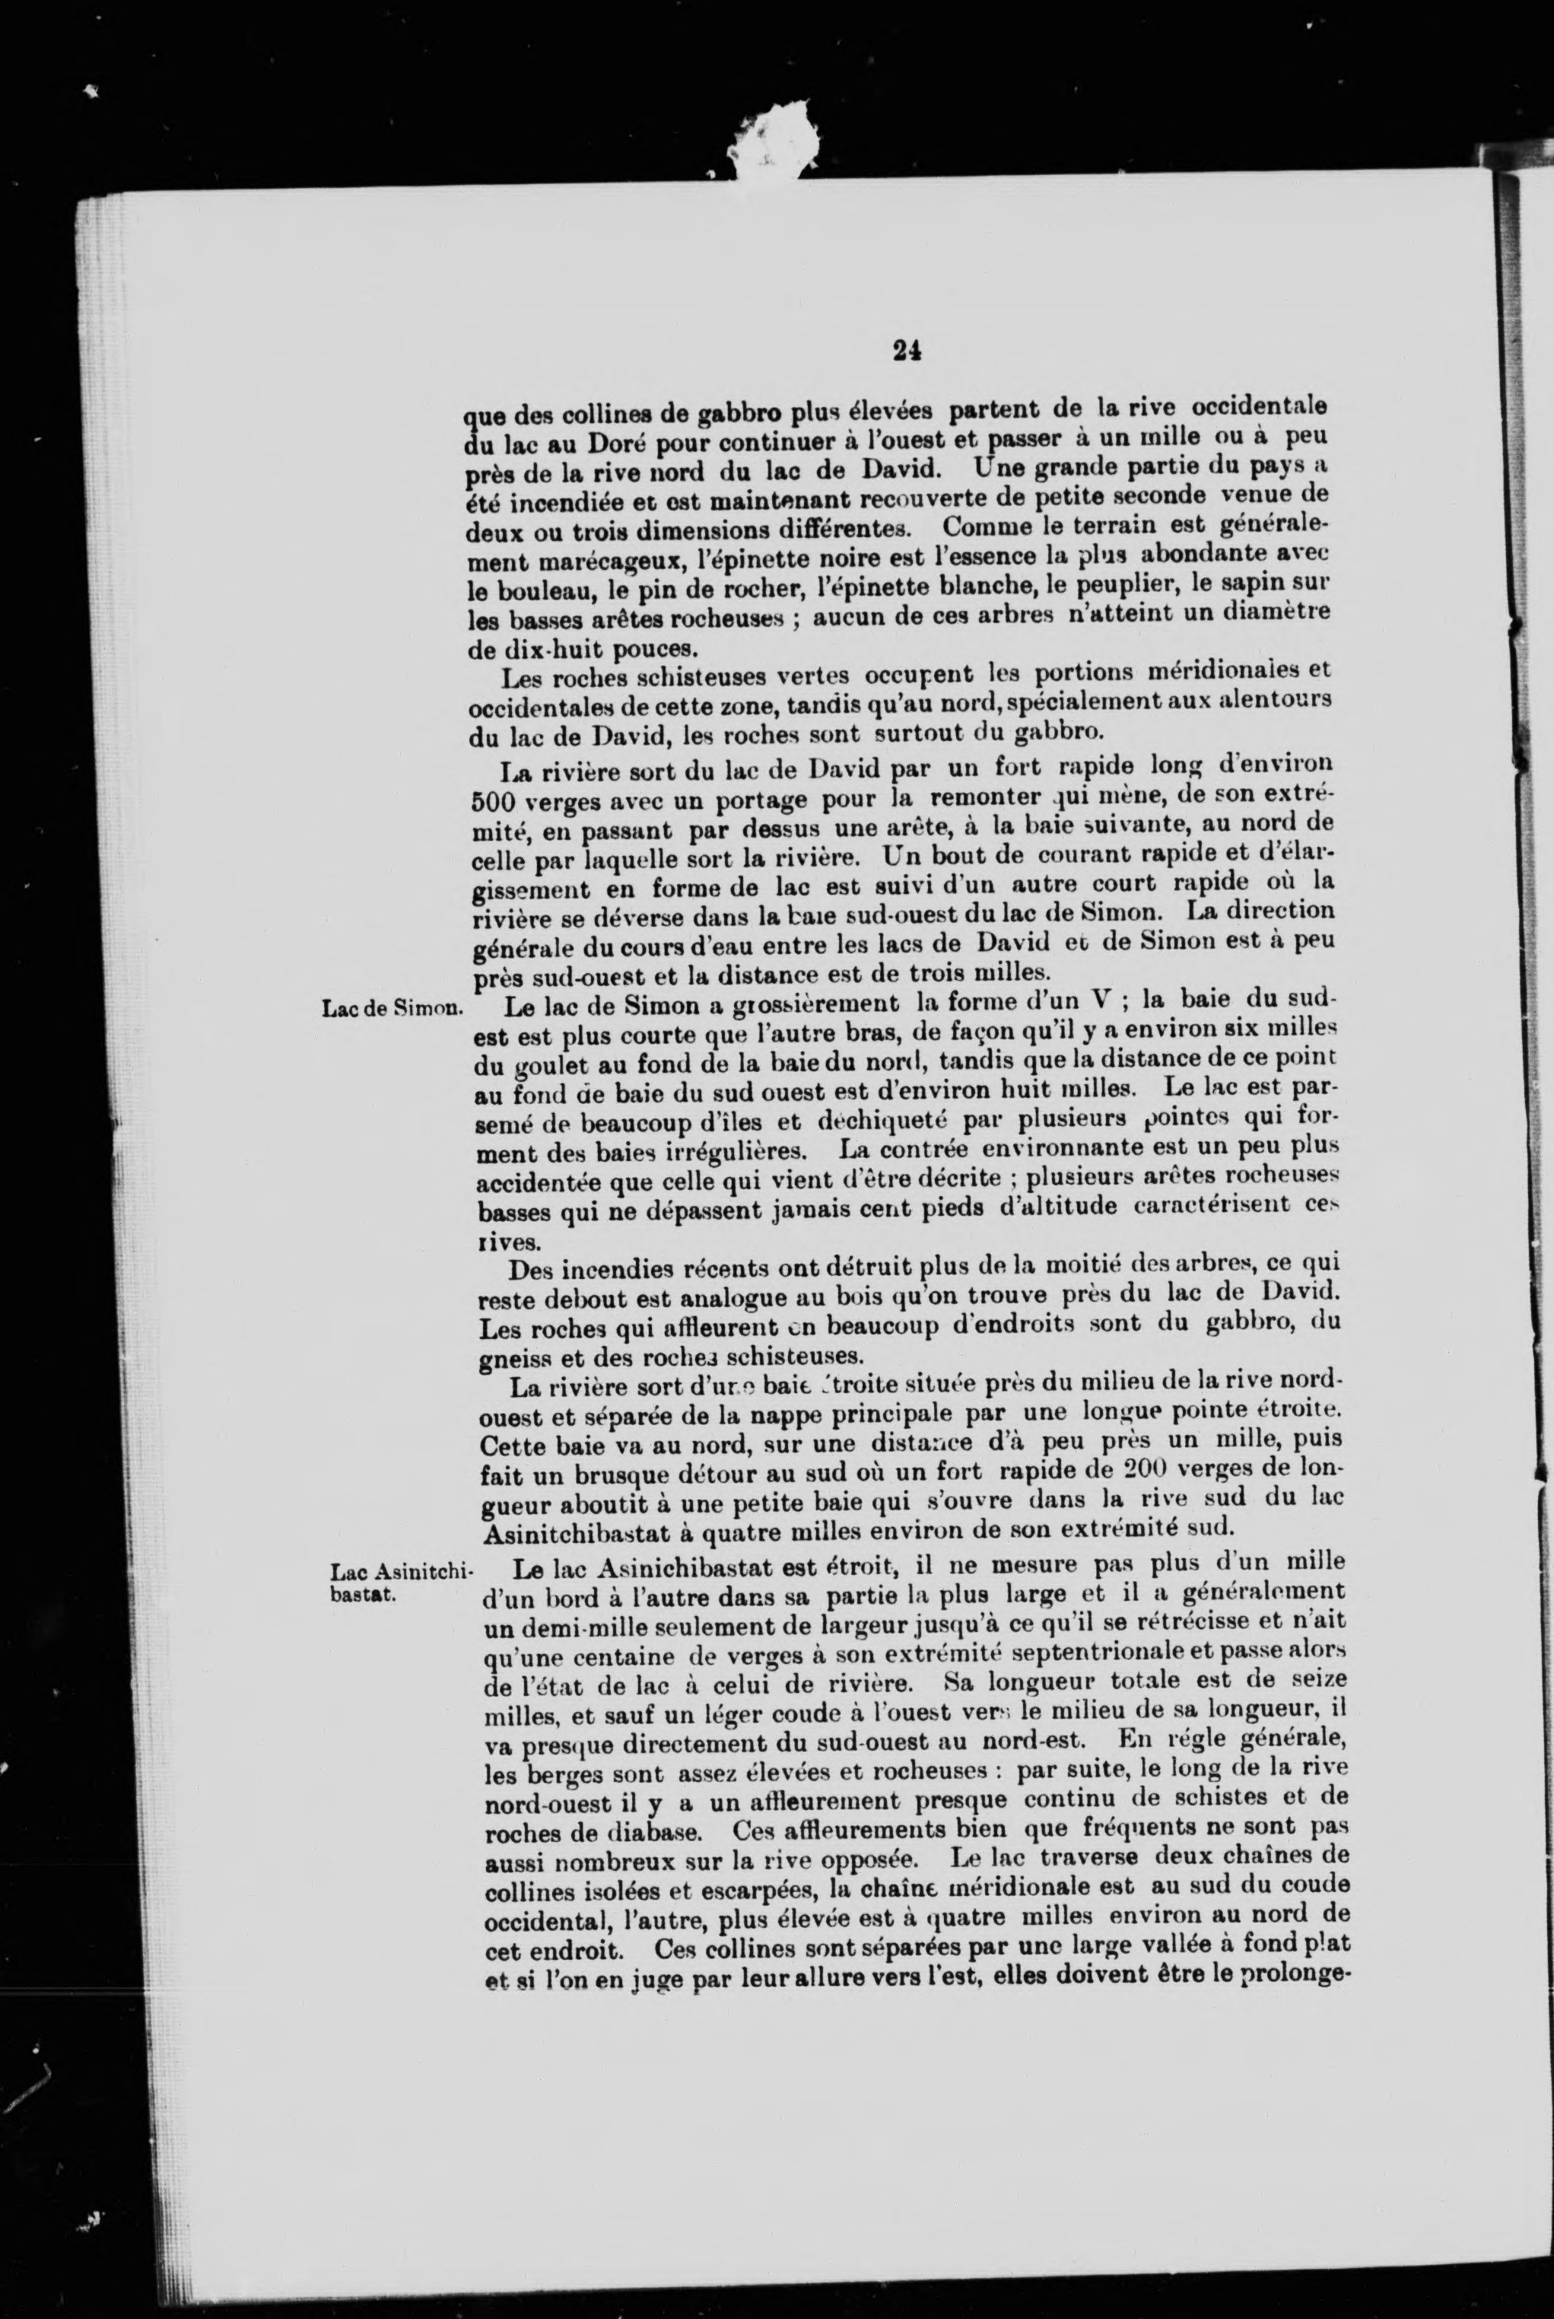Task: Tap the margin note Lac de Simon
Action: pos(392,1010)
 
